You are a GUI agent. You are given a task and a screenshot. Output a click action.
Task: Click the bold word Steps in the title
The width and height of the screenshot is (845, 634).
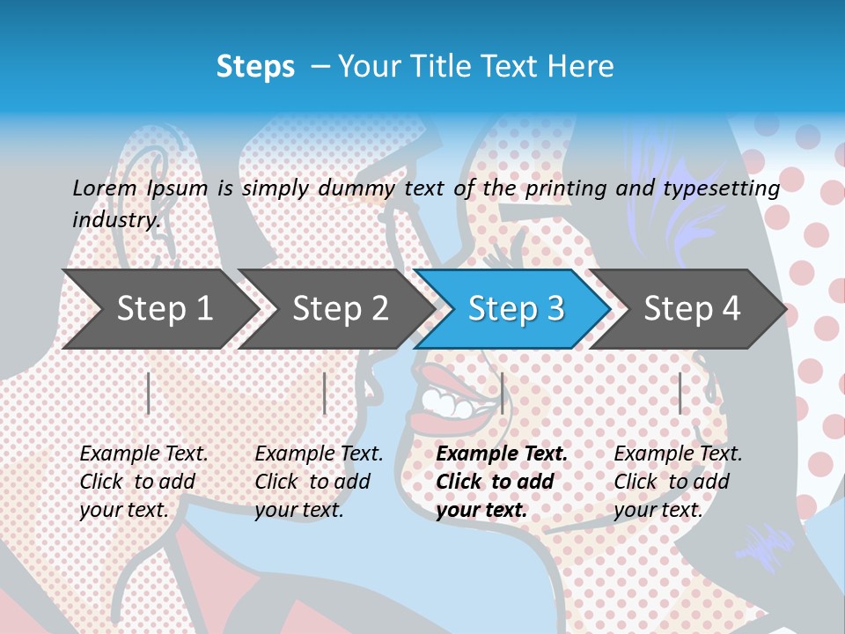tap(255, 67)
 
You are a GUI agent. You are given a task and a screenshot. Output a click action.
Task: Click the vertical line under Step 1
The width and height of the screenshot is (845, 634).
tap(149, 393)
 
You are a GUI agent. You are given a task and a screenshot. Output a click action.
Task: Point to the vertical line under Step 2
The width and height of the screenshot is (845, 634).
tap(325, 393)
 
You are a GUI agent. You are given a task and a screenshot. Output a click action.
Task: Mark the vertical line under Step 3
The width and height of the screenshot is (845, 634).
tap(502, 393)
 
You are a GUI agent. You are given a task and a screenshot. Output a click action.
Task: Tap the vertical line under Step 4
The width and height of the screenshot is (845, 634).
tap(680, 393)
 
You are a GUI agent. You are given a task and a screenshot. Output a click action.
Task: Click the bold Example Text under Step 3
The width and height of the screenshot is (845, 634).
tap(502, 454)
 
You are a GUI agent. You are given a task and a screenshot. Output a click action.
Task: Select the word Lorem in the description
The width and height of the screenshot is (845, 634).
tap(105, 188)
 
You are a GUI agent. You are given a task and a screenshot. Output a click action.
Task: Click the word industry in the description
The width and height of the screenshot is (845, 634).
tap(115, 219)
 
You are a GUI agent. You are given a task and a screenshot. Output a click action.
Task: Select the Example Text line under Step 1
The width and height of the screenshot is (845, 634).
tap(143, 454)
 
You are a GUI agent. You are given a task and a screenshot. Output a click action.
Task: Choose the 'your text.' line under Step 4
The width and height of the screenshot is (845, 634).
tap(658, 510)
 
